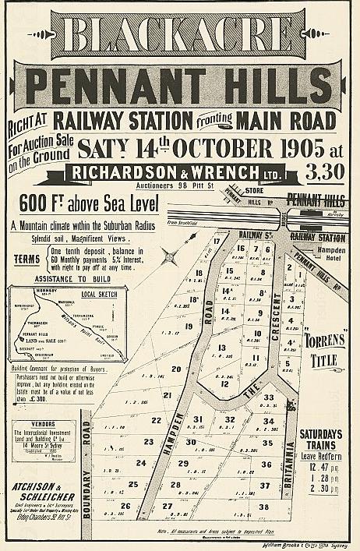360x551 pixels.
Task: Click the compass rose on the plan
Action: coord(168,253)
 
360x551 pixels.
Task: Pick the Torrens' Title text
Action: coord(321,351)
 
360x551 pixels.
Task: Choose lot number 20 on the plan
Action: coord(176,369)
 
